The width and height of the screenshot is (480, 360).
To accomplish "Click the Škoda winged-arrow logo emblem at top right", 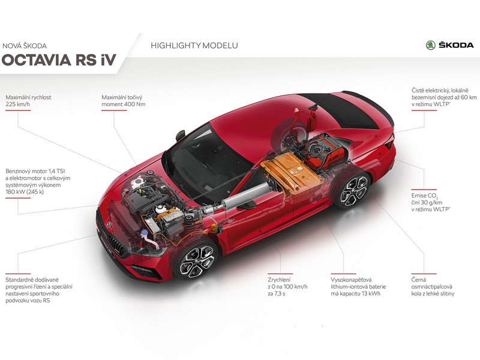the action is click(430, 45).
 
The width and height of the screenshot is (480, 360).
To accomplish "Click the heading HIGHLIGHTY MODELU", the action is click(194, 46).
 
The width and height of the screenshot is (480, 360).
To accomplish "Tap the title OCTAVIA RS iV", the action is click(59, 59).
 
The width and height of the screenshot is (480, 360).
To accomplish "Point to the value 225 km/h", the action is click(18, 104).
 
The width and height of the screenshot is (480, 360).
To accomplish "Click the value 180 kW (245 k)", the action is click(25, 192).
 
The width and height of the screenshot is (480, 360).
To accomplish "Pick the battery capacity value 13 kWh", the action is click(370, 293).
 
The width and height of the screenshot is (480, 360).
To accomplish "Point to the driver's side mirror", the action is click(181, 135).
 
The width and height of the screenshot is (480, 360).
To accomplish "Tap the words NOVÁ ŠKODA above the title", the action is click(25, 46).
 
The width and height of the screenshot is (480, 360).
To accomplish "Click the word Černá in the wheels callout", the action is click(418, 280).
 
